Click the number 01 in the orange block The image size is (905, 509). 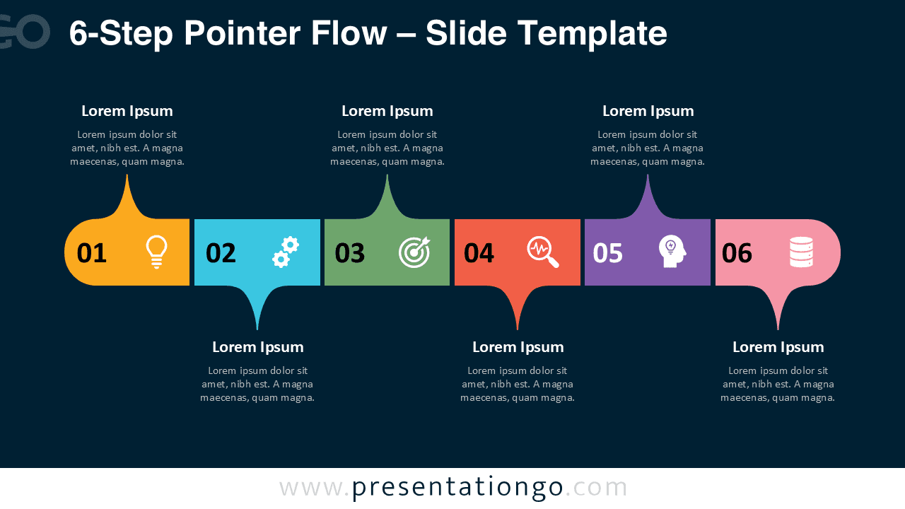point(92,253)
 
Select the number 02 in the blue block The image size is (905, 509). point(221,253)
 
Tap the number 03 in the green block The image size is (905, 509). point(350,253)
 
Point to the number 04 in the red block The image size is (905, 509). point(479,253)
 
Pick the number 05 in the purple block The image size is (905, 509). point(608,253)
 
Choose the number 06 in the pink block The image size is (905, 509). point(737,253)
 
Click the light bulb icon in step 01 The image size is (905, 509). point(156,252)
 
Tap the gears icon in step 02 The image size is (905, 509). point(286,252)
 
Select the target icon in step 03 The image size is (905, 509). point(414,252)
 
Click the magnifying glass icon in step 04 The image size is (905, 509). point(543,252)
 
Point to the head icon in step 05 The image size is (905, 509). point(672,252)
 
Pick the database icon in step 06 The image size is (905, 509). point(801,252)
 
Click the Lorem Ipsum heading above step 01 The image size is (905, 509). point(127,111)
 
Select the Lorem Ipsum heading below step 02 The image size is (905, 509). point(258,347)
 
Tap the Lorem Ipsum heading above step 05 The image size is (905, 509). point(648,111)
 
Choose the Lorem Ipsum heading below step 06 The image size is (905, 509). point(778,347)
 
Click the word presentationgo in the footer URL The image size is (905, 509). point(457,487)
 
